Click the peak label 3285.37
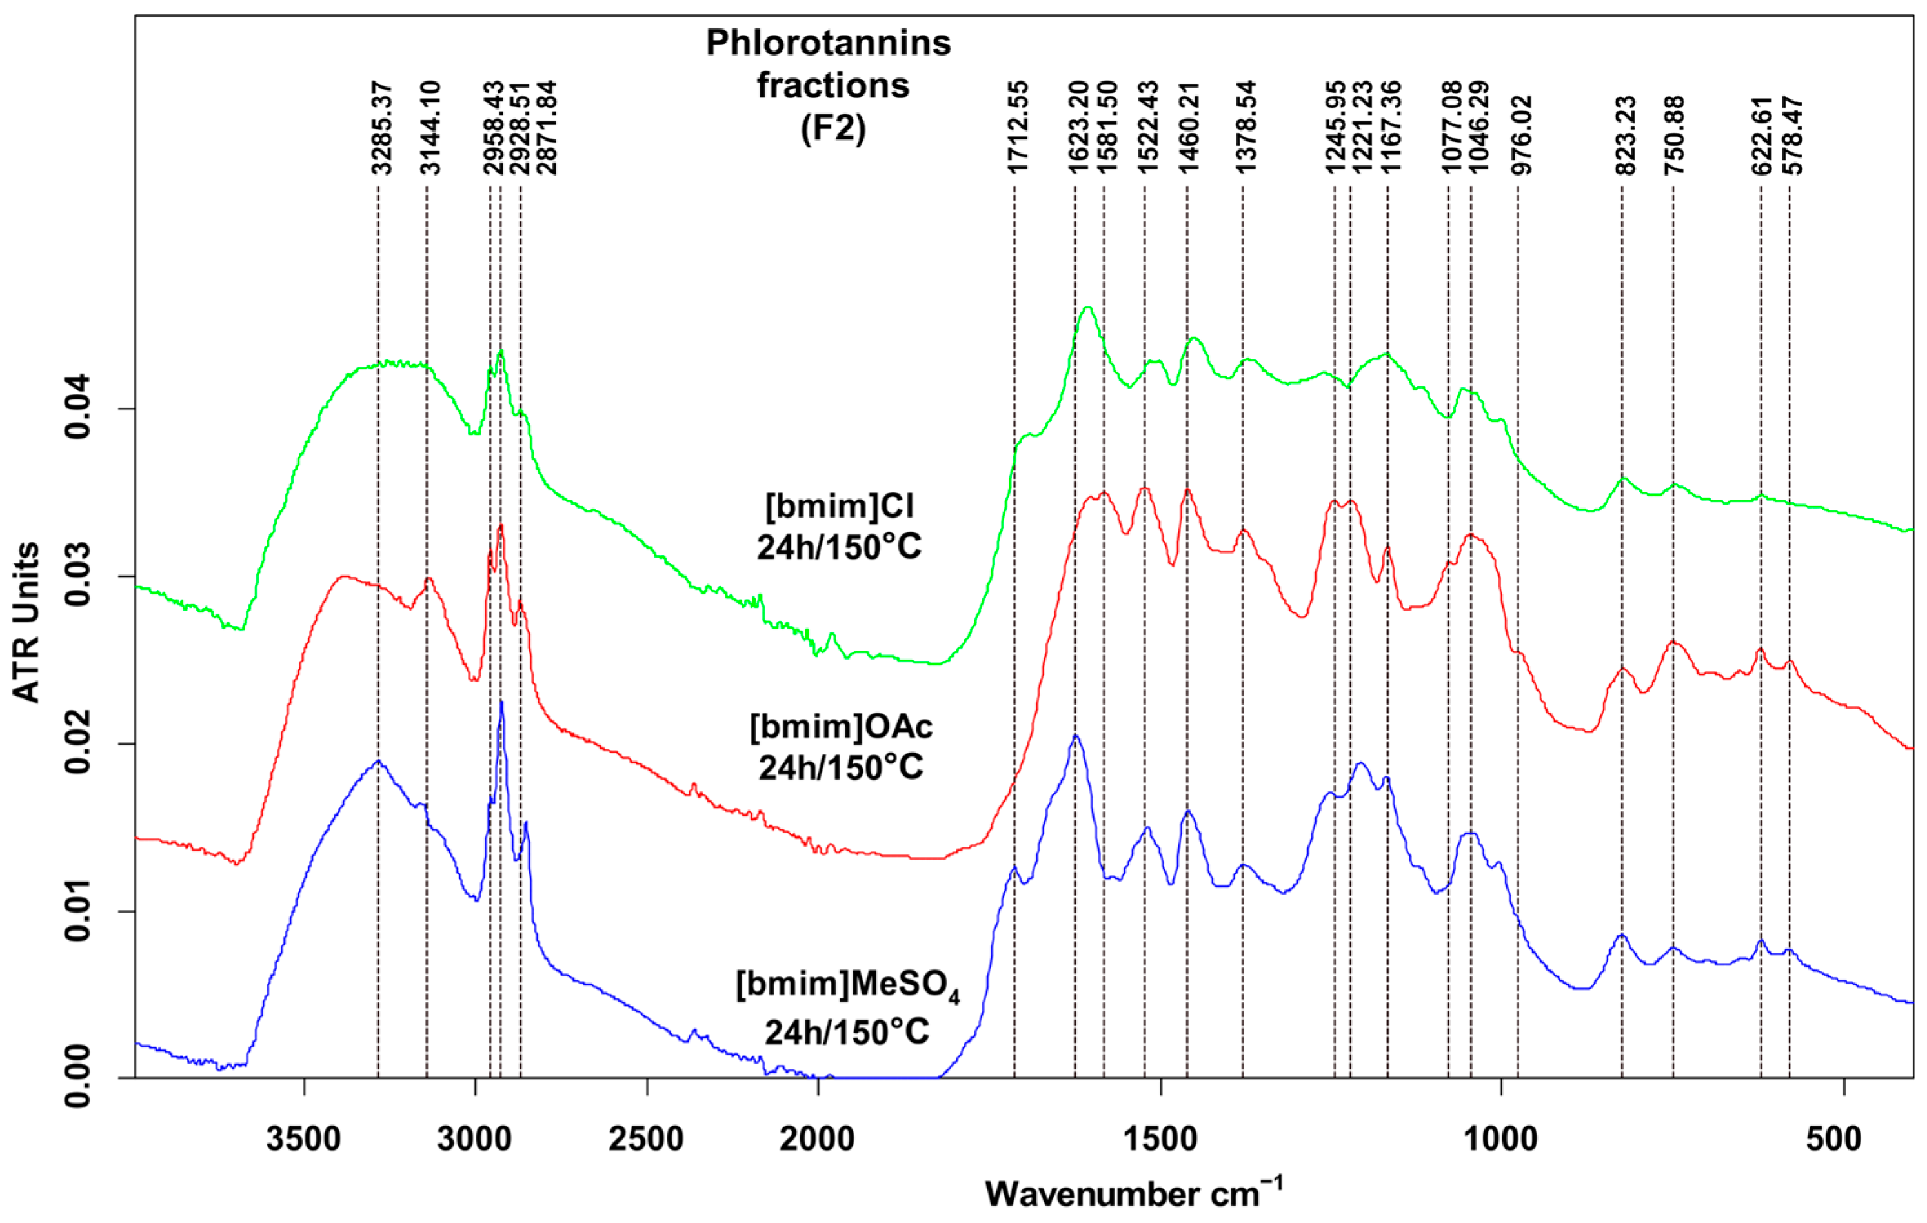(x=381, y=128)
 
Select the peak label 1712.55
(x=1017, y=128)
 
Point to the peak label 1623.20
(x=1078, y=128)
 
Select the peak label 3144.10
(x=430, y=128)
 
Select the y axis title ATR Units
(x=26, y=622)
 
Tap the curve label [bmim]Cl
(x=840, y=506)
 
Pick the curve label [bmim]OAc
(x=841, y=727)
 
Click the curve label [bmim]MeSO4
(x=847, y=984)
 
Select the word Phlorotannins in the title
(x=828, y=43)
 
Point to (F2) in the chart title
(x=832, y=128)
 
